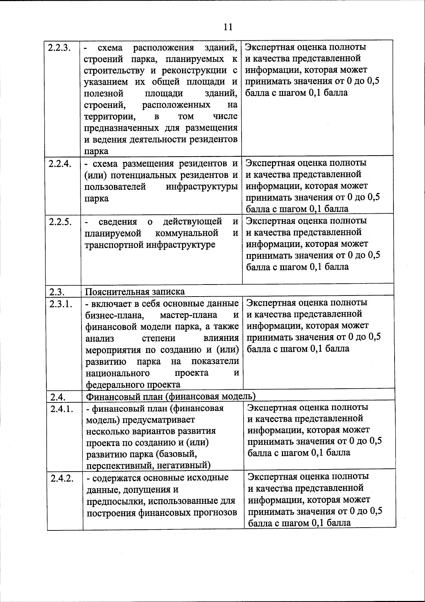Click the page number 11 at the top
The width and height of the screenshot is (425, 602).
point(228,27)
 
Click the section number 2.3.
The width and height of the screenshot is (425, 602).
point(57,292)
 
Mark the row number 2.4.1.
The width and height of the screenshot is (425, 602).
point(62,409)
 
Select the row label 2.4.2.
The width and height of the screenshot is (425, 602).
point(62,478)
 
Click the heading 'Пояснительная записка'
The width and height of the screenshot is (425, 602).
point(135,292)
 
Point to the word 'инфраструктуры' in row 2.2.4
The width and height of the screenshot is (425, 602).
point(202,187)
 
